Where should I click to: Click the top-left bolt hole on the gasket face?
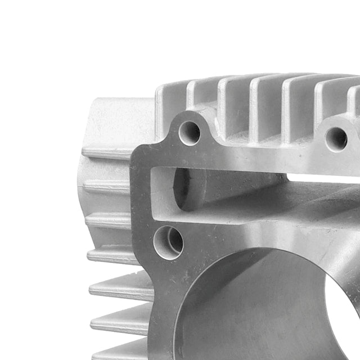click(190, 133)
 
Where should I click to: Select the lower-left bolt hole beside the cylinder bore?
click(168, 242)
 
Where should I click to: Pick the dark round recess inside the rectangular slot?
click(182, 188)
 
